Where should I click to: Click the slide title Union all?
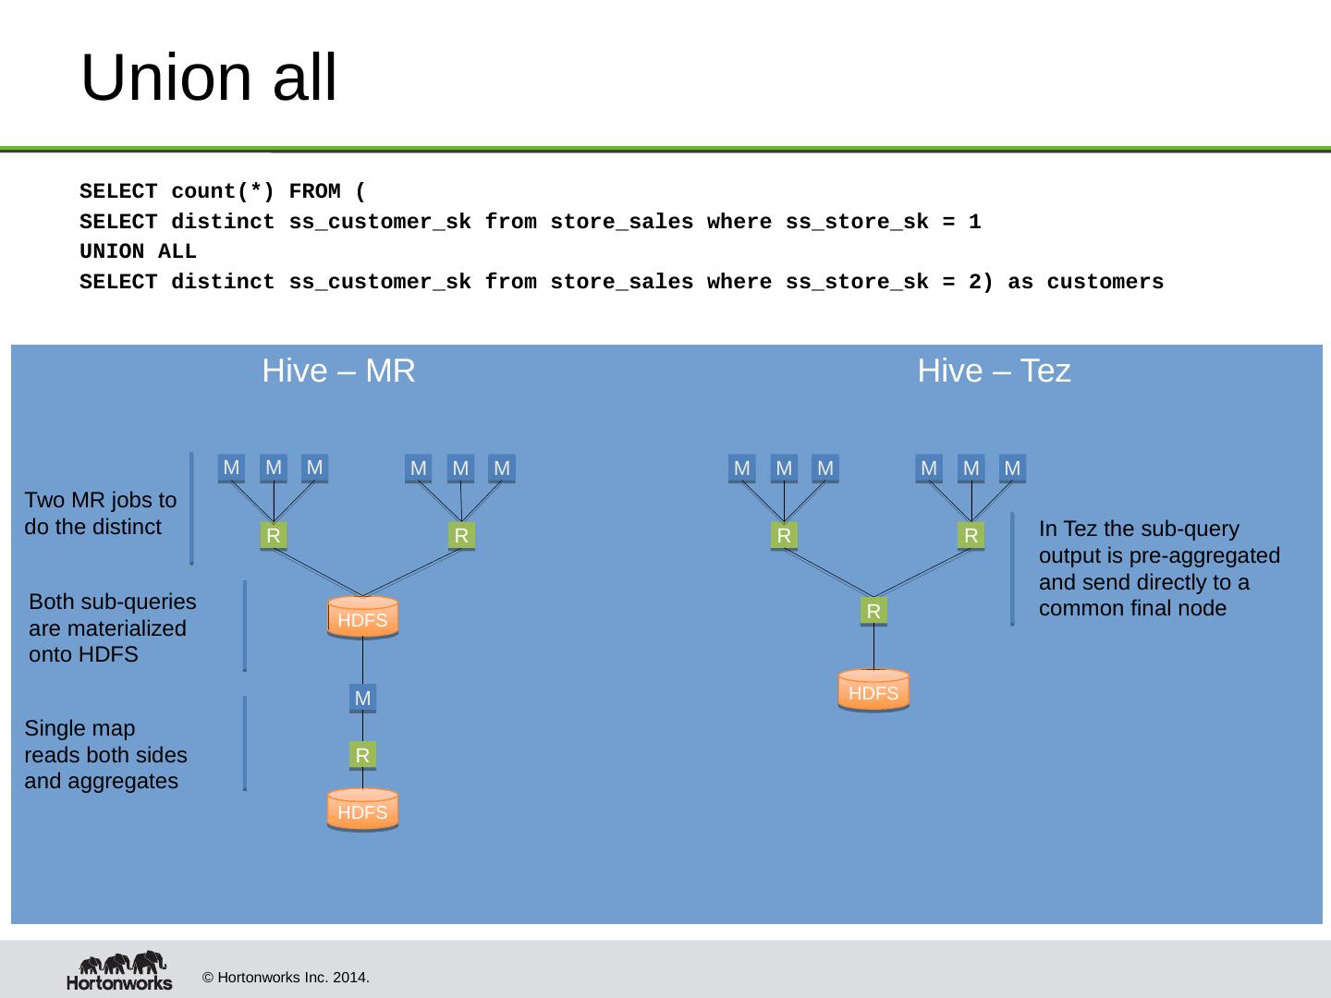pos(209,78)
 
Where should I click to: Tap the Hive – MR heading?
pos(338,371)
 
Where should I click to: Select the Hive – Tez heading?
pos(994,371)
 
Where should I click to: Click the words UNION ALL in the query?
pos(138,252)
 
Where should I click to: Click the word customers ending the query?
pos(1105,283)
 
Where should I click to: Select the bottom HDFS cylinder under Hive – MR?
pos(362,811)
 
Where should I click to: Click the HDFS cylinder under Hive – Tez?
pos(873,691)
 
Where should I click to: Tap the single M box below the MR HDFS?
pos(362,699)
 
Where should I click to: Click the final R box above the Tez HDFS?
pos(873,611)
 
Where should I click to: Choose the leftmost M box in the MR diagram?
pos(231,468)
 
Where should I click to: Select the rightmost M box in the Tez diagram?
pos(1012,469)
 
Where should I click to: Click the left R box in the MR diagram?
pos(274,536)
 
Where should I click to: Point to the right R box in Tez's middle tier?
pos(971,536)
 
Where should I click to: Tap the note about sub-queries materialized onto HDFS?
pos(113,628)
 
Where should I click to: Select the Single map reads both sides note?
pos(105,755)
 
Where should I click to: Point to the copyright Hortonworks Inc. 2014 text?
pos(286,977)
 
